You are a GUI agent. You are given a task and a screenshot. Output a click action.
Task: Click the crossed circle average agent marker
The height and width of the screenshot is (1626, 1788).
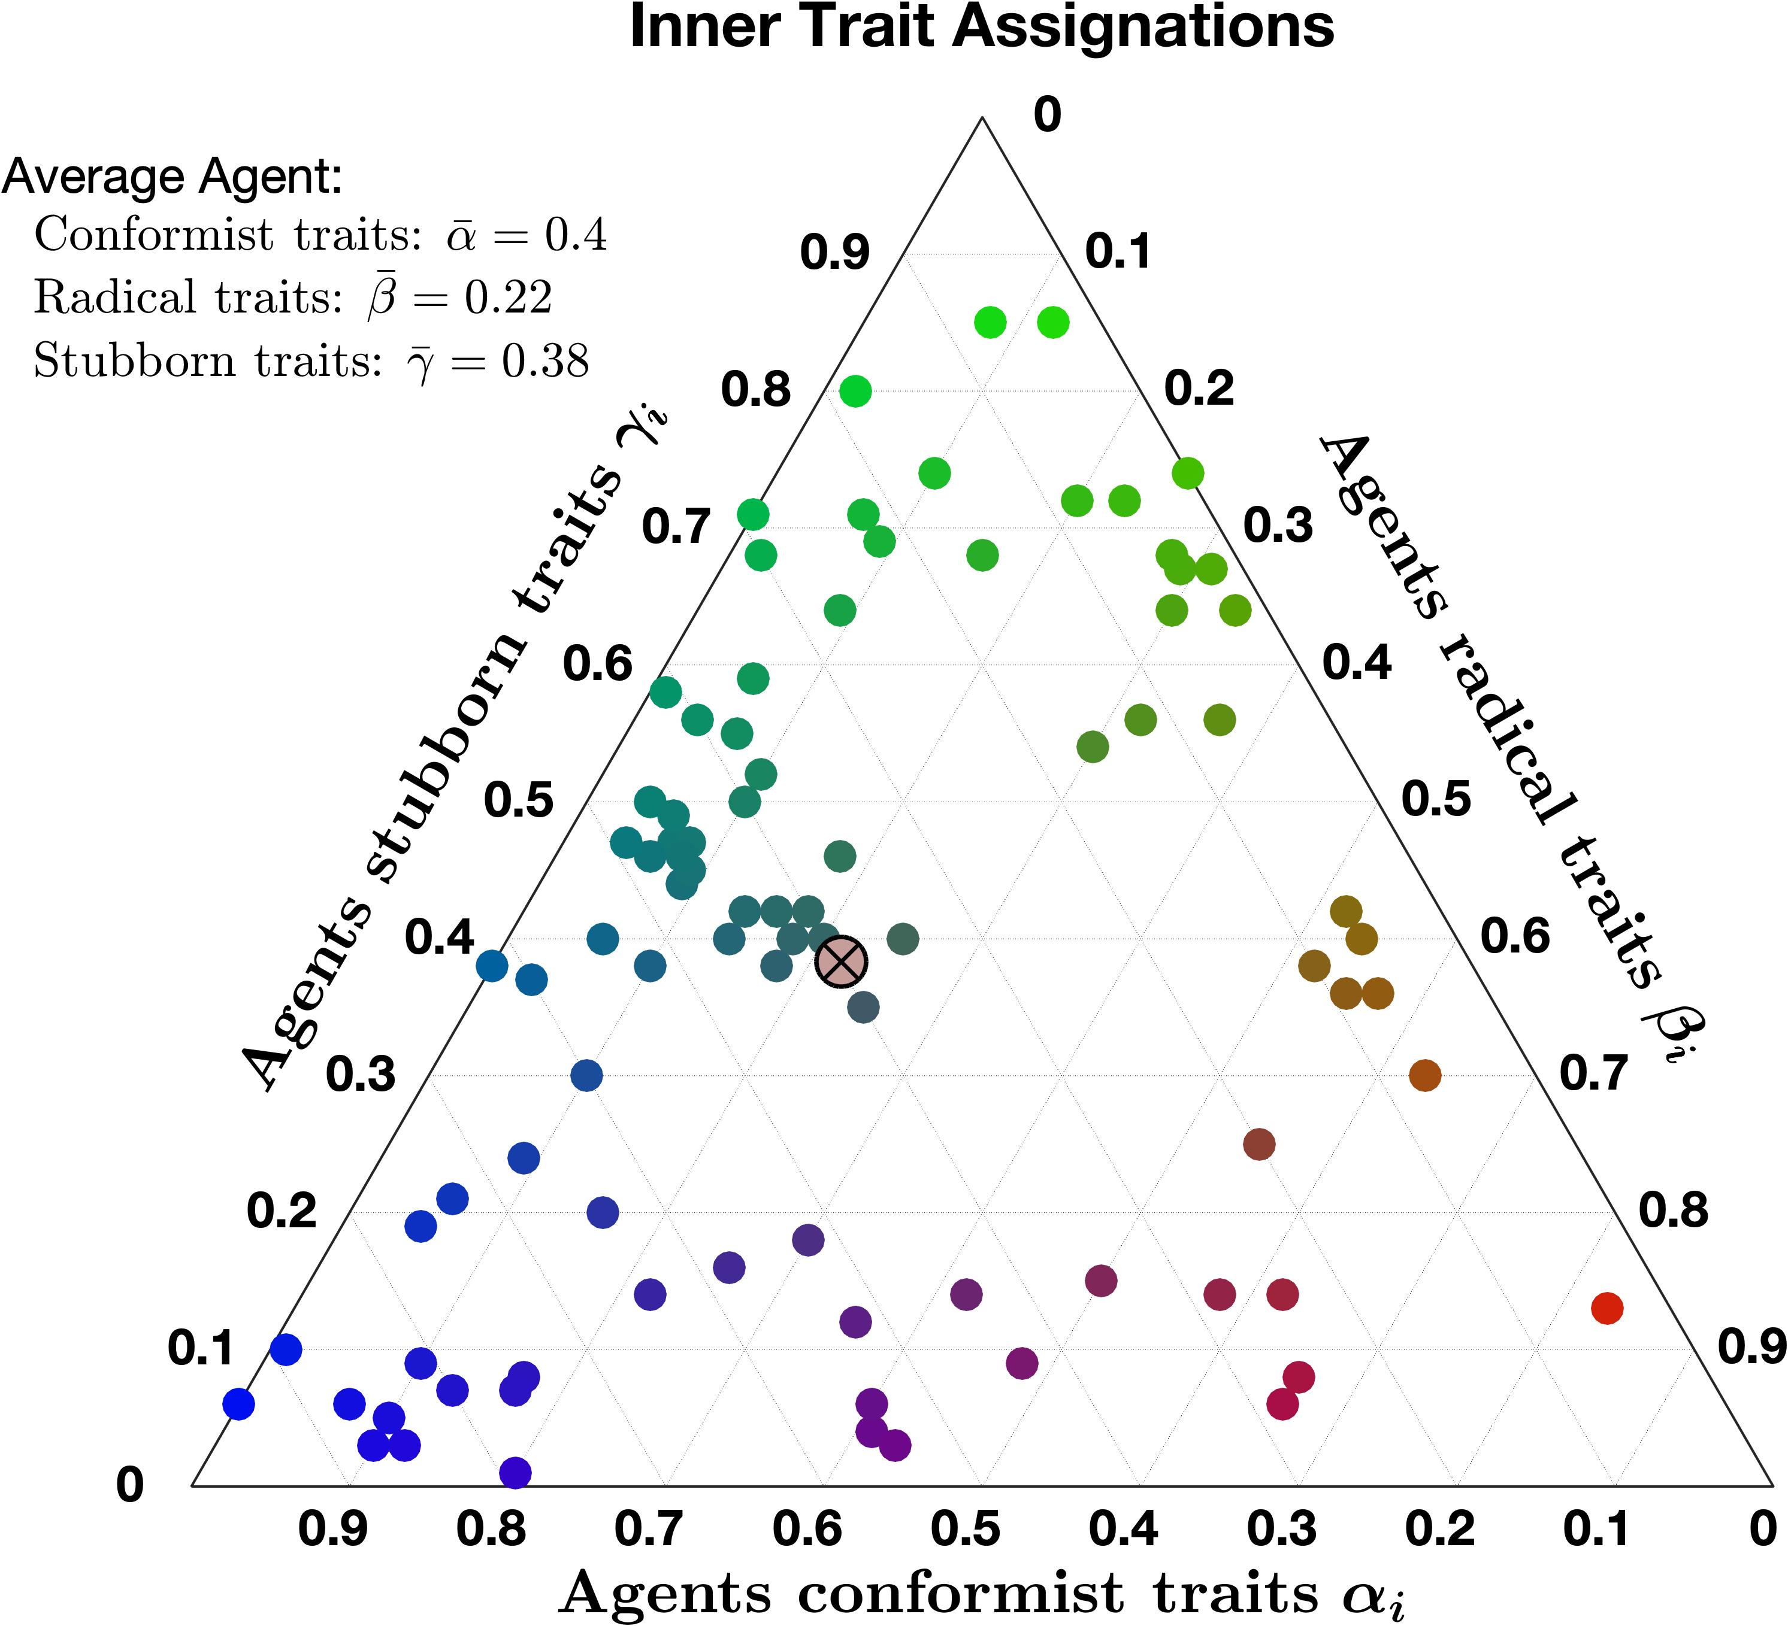(841, 961)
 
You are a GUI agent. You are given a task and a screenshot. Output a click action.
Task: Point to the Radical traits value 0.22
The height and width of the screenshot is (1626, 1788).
(508, 298)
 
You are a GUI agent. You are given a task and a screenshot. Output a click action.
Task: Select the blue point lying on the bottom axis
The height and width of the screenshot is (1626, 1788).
(515, 1473)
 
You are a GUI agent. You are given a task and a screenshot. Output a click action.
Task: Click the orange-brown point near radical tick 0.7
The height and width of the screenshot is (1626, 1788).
(1424, 1075)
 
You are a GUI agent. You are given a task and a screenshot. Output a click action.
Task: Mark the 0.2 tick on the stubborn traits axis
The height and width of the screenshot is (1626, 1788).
(281, 1211)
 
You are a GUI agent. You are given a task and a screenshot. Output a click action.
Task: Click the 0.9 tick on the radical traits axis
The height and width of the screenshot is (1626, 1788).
(1751, 1348)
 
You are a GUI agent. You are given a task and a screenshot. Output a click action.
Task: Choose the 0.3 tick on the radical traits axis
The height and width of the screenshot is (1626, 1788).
(1278, 526)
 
